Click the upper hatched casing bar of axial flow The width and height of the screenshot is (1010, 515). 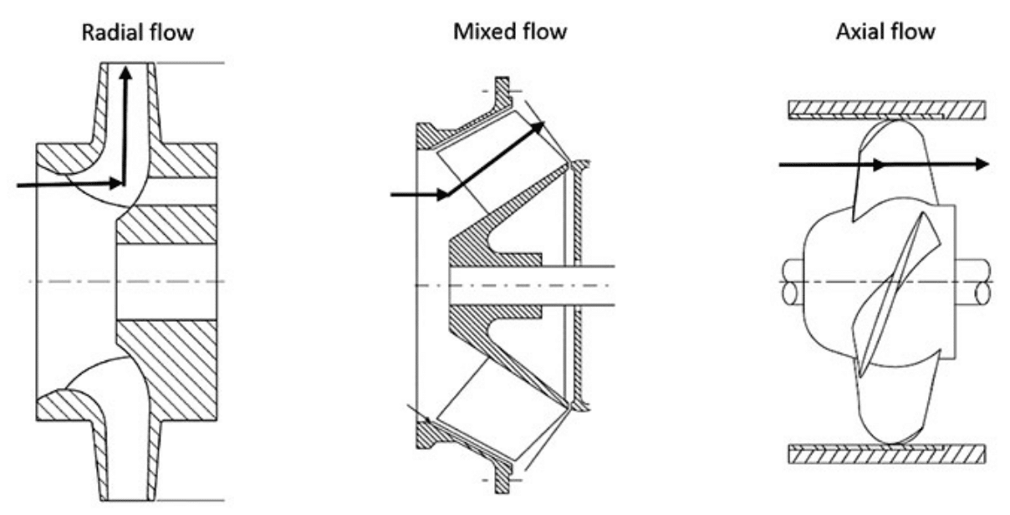click(x=887, y=110)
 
